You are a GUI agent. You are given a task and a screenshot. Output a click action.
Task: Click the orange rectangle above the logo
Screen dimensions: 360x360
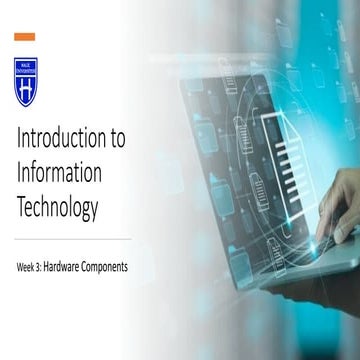23,37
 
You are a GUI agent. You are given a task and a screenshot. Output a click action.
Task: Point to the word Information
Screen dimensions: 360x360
60,175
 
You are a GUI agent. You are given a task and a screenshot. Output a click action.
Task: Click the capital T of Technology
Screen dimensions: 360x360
21,209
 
